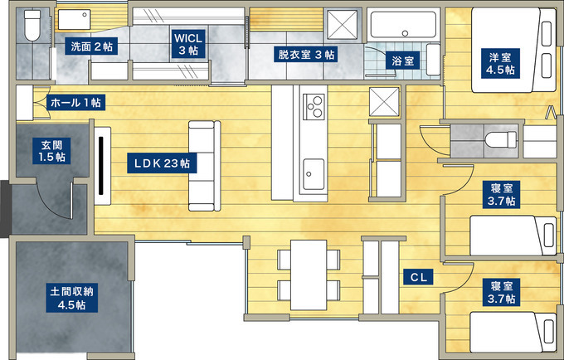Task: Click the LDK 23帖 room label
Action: pyautogui.click(x=162, y=163)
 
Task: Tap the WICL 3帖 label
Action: pyautogui.click(x=188, y=44)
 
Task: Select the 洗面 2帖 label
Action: pyautogui.click(x=91, y=46)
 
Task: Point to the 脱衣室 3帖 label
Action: pyautogui.click(x=305, y=54)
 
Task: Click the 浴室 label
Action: pyautogui.click(x=403, y=61)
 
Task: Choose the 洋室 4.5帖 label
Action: pyautogui.click(x=500, y=63)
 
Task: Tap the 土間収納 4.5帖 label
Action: pyautogui.click(x=72, y=298)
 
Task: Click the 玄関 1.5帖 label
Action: pyautogui.click(x=51, y=151)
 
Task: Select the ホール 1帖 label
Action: pyautogui.click(x=76, y=103)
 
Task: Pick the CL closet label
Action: pyautogui.click(x=418, y=277)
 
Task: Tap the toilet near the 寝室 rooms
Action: pyautogui.click(x=500, y=139)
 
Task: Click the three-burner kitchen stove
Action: pyautogui.click(x=314, y=106)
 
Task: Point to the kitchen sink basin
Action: pyautogui.click(x=314, y=174)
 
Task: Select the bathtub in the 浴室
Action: pyautogui.click(x=404, y=24)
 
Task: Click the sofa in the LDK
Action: pyautogui.click(x=204, y=166)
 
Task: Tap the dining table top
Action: pyautogui.click(x=309, y=275)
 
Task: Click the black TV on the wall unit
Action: pyautogui.click(x=101, y=164)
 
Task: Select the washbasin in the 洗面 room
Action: pyautogui.click(x=75, y=19)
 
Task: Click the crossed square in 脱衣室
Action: pyautogui.click(x=342, y=24)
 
